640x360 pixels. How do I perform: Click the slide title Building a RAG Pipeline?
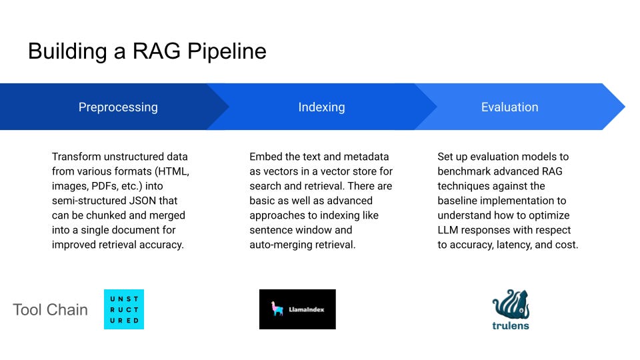(147, 51)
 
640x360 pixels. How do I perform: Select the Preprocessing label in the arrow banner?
(118, 107)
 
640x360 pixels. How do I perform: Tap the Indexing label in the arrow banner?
(321, 107)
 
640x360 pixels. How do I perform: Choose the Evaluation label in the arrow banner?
(509, 107)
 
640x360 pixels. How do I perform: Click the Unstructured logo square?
(124, 309)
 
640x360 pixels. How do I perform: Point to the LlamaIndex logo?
(297, 309)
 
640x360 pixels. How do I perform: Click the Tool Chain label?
(50, 309)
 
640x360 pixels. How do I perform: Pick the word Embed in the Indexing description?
(265, 157)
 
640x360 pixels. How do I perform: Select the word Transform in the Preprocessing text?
(77, 157)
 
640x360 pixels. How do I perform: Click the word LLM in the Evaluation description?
(449, 230)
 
